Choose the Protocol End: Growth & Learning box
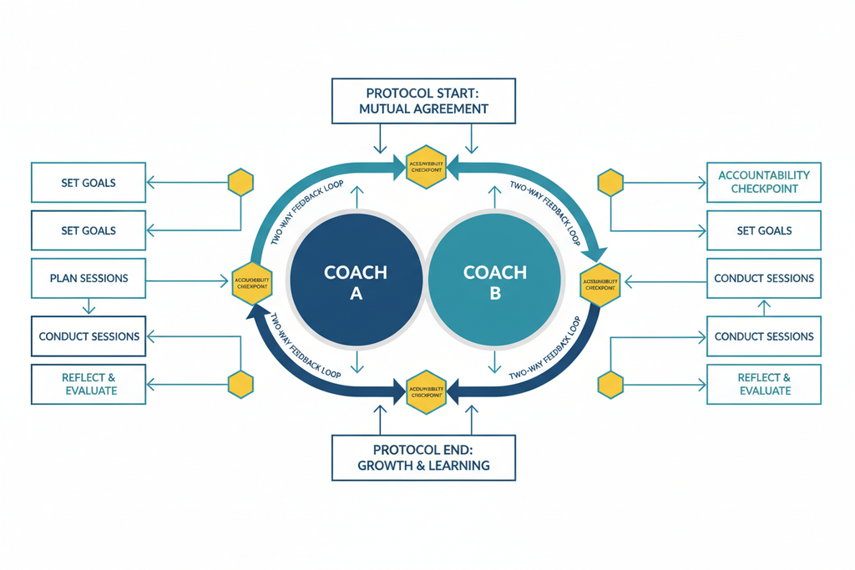(x=423, y=457)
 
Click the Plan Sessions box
(x=89, y=278)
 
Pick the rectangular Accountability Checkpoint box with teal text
(x=764, y=182)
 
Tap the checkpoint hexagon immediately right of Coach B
(x=600, y=283)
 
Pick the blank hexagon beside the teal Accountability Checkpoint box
(x=610, y=182)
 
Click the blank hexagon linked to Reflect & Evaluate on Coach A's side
(x=240, y=384)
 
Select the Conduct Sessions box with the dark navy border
(x=89, y=336)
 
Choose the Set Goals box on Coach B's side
(x=764, y=230)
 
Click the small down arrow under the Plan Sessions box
(x=87, y=307)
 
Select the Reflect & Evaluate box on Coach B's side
(x=764, y=384)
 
